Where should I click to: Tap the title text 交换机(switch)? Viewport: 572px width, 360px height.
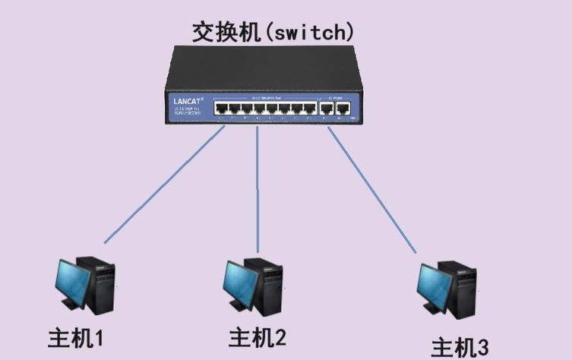click(273, 32)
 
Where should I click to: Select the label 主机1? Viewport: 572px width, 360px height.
click(75, 336)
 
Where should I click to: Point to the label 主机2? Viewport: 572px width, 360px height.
click(258, 335)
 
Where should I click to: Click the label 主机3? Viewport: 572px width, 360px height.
click(460, 347)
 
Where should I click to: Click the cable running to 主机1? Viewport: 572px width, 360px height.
click(163, 187)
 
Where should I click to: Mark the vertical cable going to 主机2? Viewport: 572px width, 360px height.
click(258, 190)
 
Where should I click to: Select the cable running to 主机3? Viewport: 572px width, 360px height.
click(372, 190)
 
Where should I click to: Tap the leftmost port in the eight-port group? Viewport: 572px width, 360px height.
click(220, 108)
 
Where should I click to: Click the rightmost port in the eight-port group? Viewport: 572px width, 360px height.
click(309, 108)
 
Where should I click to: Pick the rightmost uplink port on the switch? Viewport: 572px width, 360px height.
click(342, 108)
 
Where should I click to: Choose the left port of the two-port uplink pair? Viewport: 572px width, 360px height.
click(327, 108)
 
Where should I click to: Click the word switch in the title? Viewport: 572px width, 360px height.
click(307, 33)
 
